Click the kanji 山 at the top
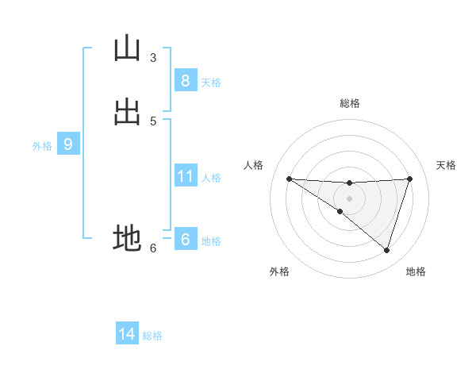[126, 48]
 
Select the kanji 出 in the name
[126, 112]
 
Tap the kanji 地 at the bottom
[126, 238]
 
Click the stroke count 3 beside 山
[153, 57]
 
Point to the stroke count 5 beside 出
[153, 121]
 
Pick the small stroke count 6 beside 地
[153, 248]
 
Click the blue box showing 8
[185, 80]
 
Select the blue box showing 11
[185, 176]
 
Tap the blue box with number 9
[68, 144]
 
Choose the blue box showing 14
[127, 334]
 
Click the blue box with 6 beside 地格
[185, 240]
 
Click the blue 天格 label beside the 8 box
[211, 83]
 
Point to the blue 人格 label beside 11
[211, 178]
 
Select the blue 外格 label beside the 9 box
[42, 146]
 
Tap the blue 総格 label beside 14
[152, 336]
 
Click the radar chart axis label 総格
[350, 103]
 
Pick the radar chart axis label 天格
[447, 165]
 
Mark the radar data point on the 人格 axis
[289, 179]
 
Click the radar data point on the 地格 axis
[386, 250]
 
